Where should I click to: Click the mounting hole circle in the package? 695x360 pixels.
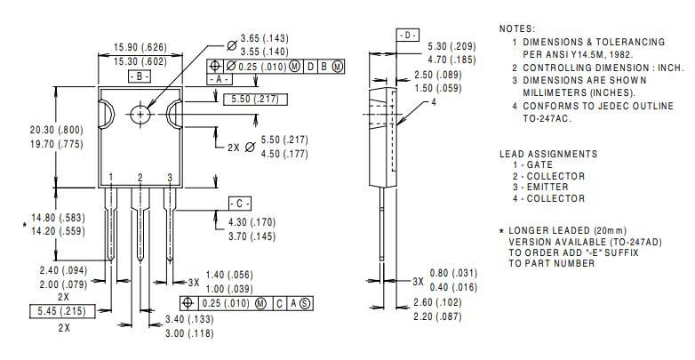pos(140,115)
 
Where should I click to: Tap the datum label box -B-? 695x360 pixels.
pos(140,76)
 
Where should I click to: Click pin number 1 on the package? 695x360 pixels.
pos(111,178)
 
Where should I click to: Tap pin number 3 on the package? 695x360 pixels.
pos(169,178)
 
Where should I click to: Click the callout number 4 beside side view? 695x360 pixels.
pos(434,102)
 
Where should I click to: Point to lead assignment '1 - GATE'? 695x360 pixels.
pos(532,164)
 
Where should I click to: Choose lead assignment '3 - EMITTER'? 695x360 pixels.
pos(539,187)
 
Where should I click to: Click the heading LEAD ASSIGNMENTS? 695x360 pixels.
pos(547,153)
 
